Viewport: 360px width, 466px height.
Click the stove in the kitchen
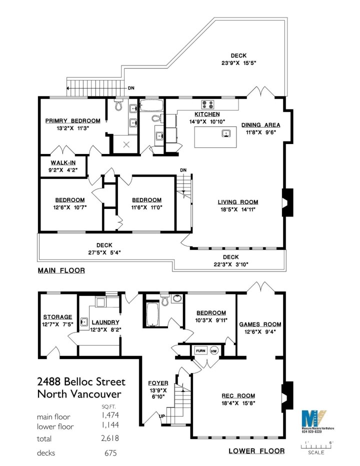coord(208,105)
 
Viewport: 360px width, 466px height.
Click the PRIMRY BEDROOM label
coord(72,120)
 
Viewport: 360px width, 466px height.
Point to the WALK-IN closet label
coord(63,162)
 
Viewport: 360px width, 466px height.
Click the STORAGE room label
coord(57,316)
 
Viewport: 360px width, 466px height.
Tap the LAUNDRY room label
coord(105,322)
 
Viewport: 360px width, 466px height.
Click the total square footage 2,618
coord(109,437)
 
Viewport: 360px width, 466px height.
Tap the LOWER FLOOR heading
coord(256,451)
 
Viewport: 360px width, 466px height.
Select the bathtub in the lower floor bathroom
coord(150,315)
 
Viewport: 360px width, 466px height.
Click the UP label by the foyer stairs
coord(161,416)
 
